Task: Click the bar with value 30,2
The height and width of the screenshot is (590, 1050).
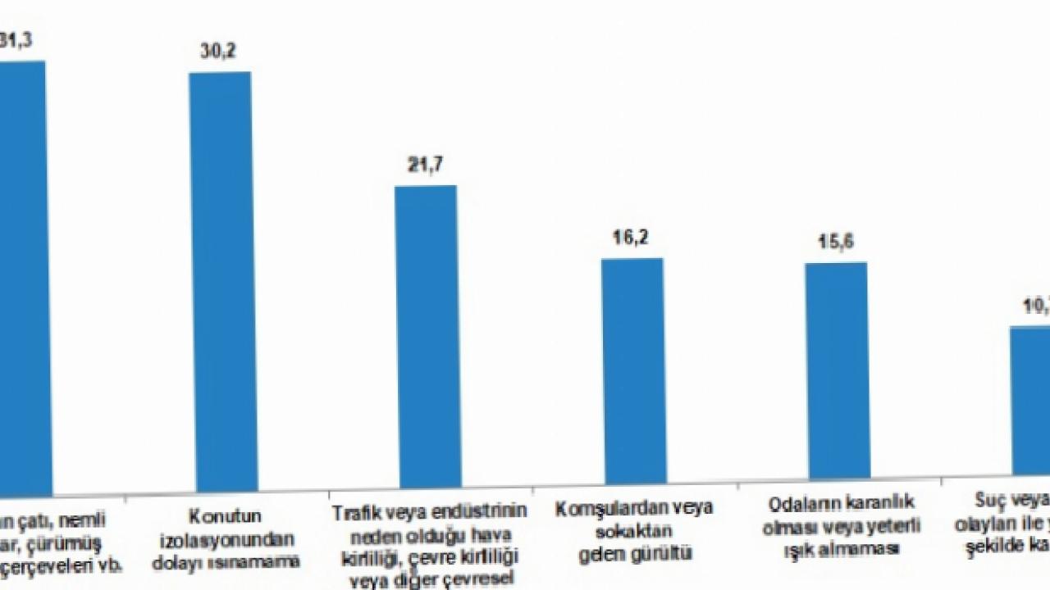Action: [221, 279]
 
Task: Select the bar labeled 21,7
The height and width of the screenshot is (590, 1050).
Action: [427, 336]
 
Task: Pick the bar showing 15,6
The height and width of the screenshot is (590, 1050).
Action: [837, 370]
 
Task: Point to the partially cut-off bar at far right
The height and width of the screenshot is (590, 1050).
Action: [1030, 402]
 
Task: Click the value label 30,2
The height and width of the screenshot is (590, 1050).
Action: [220, 52]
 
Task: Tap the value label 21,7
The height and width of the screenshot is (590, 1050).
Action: [427, 165]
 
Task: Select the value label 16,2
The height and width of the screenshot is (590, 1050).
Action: [632, 238]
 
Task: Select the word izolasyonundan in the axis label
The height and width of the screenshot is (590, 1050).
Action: [225, 540]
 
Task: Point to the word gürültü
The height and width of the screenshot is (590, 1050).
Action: [661, 553]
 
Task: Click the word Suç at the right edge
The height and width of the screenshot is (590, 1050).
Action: [988, 499]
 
